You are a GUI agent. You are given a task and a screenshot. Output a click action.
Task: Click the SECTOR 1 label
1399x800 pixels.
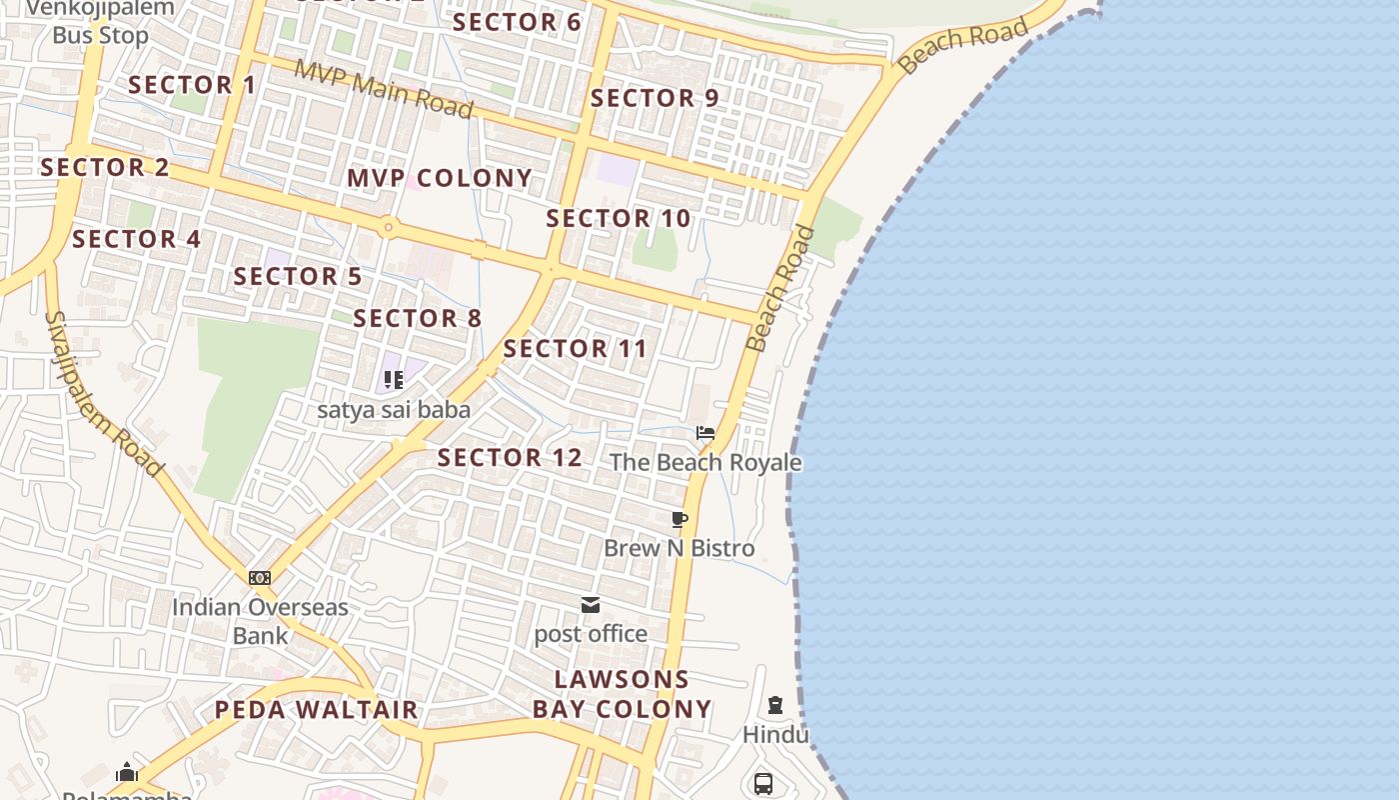coord(192,85)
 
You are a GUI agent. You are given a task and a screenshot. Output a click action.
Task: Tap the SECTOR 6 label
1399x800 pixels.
coord(517,22)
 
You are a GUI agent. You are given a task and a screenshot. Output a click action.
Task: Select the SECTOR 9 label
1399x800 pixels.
coord(655,98)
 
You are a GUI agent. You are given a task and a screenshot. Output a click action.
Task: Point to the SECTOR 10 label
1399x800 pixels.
coord(619,218)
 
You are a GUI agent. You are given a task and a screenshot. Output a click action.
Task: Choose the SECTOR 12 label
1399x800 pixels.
coord(510,458)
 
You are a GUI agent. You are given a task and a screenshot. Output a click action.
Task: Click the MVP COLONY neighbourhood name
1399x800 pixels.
coord(440,178)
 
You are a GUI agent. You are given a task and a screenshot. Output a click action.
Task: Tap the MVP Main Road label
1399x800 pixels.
coord(384,90)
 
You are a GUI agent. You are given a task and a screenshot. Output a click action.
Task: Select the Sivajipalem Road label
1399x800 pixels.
coord(103,393)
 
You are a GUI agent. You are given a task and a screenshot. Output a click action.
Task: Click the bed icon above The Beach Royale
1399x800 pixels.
coord(705,433)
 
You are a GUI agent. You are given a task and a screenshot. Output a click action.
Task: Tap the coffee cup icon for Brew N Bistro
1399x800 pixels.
coord(680,519)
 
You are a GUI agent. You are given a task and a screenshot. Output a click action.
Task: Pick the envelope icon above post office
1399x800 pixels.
coord(591,605)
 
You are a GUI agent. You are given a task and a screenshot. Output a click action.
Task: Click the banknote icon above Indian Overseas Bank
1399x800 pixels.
coord(260,578)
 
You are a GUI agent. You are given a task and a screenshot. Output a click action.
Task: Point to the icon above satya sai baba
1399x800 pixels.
coord(394,380)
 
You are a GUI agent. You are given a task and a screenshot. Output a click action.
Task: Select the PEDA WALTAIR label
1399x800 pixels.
coord(317,710)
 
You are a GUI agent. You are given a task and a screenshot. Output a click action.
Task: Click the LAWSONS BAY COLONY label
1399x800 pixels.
coord(622,694)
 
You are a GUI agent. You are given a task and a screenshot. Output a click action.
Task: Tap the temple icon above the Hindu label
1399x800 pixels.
coord(774,705)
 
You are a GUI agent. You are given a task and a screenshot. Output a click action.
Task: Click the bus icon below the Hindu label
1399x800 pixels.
coord(763,783)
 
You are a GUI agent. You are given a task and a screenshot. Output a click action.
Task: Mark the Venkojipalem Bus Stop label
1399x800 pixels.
coord(100,22)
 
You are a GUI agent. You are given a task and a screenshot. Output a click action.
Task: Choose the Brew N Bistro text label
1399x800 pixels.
coord(680,548)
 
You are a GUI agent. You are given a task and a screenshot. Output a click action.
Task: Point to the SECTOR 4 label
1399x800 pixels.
coord(137,239)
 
